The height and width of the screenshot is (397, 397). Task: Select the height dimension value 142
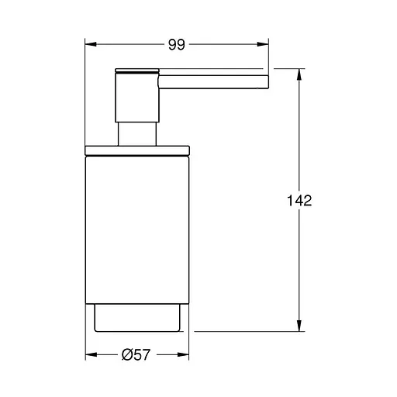[298, 201]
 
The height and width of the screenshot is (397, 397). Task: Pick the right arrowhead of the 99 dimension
[265, 46]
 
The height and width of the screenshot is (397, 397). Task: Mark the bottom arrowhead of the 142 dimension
[299, 326]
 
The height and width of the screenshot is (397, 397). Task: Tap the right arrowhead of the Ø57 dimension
[186, 356]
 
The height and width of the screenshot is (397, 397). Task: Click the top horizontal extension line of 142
[288, 69]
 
